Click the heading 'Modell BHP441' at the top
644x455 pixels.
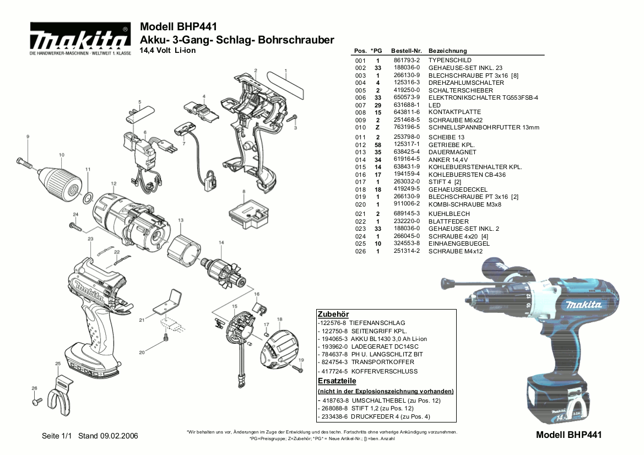point(178,27)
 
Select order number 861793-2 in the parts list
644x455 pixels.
point(407,60)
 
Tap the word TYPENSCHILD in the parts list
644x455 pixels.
point(450,60)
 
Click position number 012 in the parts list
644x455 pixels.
point(360,144)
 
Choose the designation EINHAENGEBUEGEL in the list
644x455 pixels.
point(459,243)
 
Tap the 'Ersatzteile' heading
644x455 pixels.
point(337,381)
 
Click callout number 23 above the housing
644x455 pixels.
point(90,239)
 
